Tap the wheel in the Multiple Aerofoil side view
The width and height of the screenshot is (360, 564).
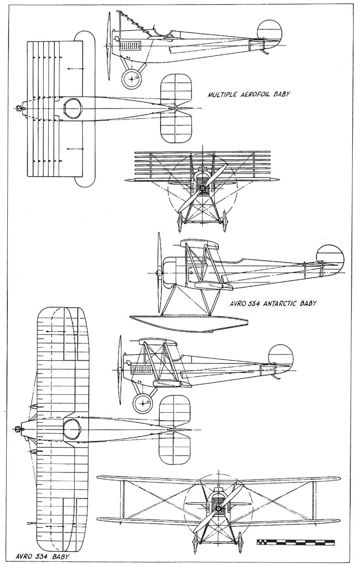132,79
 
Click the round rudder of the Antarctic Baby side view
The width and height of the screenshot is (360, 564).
330,260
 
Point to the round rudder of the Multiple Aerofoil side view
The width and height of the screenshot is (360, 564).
270,33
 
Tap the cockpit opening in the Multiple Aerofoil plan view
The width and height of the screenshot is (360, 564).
73,109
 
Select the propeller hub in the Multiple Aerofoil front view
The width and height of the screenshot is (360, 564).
202,188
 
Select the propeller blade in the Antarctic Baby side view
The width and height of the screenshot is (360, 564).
159,272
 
